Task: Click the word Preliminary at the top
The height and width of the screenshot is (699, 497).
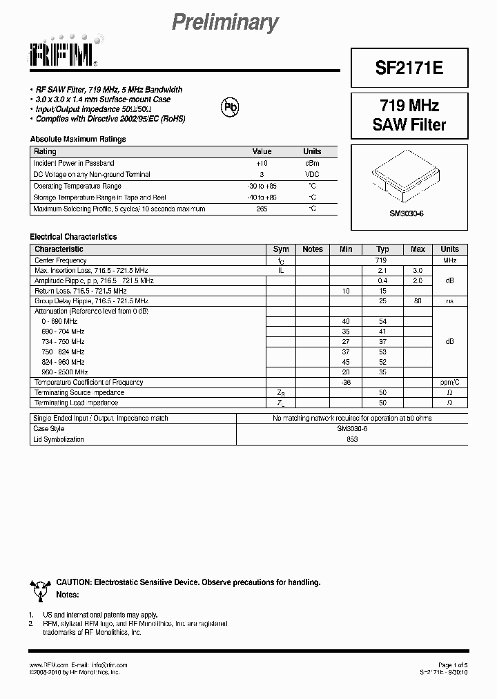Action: [x=224, y=23]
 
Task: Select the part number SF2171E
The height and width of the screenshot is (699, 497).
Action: [x=409, y=68]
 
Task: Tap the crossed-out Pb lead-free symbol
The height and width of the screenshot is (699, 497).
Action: [x=229, y=106]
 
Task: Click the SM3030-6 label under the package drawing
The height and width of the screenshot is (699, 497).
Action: [x=407, y=213]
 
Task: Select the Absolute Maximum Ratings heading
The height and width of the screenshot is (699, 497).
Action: [x=78, y=139]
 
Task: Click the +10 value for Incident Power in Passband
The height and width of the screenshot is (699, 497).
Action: [x=262, y=163]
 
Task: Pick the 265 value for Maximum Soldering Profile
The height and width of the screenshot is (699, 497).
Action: [x=262, y=209]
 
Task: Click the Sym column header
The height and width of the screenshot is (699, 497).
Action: [x=281, y=249]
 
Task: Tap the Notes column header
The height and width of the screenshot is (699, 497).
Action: [x=313, y=249]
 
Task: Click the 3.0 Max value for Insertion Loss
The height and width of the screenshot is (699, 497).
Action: [x=418, y=271]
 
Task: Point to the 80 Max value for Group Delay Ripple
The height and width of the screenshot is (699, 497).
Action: [x=418, y=301]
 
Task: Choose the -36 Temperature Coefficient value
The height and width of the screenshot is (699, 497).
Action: [x=346, y=382]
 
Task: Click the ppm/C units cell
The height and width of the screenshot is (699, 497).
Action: [x=449, y=382]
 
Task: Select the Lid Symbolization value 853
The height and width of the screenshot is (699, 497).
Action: [x=352, y=439]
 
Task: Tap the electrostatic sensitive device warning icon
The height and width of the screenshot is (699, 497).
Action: [x=41, y=588]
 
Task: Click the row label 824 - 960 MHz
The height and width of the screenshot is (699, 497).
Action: [x=63, y=362]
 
